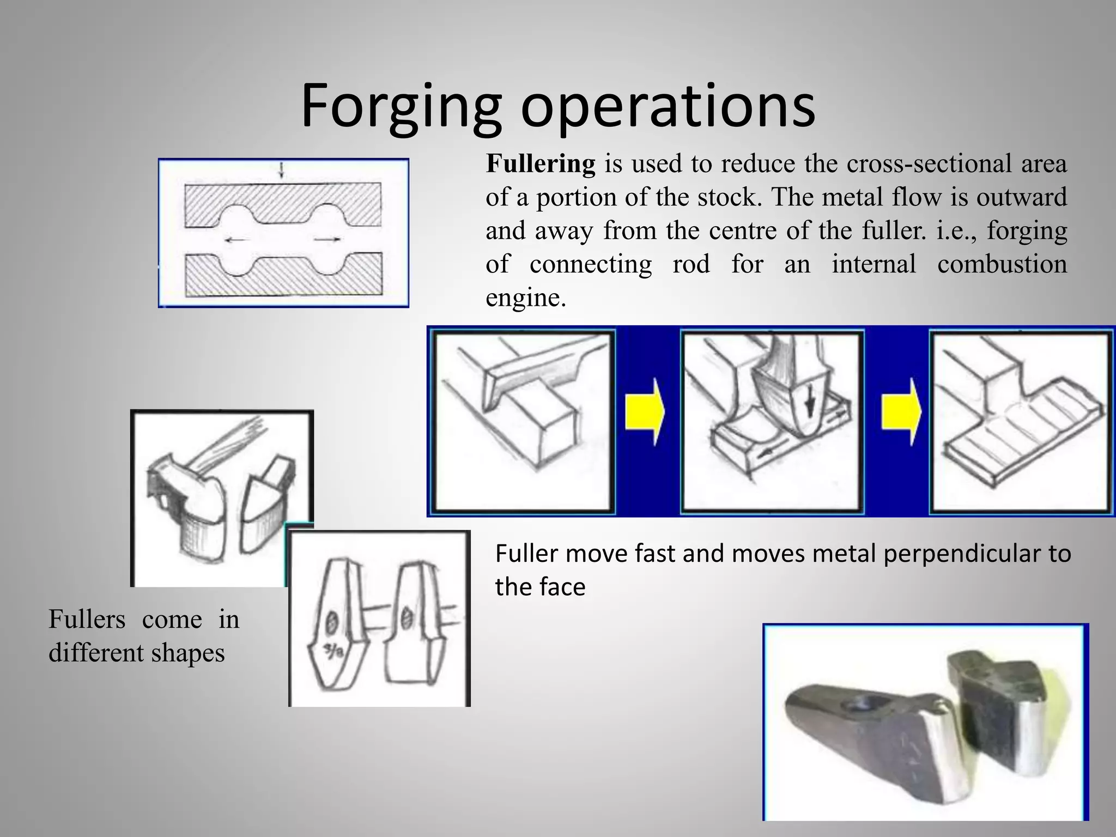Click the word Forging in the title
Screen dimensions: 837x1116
point(400,106)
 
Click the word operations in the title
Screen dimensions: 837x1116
point(668,106)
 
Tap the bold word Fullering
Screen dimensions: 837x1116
point(541,164)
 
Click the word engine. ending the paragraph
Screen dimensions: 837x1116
point(526,298)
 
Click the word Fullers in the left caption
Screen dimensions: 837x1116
point(87,620)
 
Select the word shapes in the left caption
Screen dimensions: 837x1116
point(187,653)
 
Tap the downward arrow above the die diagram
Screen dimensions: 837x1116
point(282,171)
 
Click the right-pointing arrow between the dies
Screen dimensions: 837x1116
point(328,239)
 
